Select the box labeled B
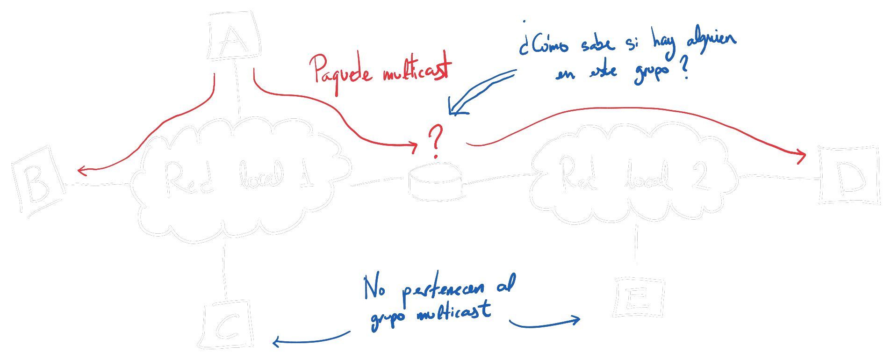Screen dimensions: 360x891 tap(37, 180)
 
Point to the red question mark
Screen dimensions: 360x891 tap(436, 140)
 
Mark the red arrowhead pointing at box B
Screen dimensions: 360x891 tap(82, 170)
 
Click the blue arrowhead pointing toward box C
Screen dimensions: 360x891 tap(276, 342)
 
